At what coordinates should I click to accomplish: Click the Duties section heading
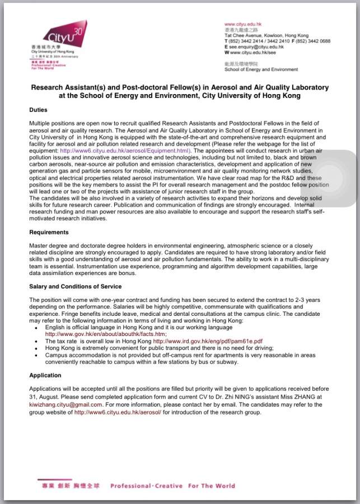(x=38, y=110)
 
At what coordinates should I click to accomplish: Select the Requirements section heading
(x=49, y=231)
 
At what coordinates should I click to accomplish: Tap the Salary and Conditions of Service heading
(x=75, y=286)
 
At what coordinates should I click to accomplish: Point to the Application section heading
(x=45, y=375)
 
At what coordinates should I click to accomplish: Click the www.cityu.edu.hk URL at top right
(x=242, y=24)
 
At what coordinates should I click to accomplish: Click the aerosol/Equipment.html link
(x=125, y=151)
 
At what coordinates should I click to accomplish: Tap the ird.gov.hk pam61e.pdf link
(x=208, y=340)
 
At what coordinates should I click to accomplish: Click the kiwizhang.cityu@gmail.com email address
(x=66, y=404)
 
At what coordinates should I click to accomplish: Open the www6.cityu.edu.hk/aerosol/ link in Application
(x=118, y=412)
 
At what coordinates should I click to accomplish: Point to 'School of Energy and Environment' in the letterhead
(x=261, y=70)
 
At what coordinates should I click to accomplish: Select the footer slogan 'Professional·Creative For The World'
(x=172, y=486)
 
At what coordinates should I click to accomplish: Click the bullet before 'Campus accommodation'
(x=36, y=354)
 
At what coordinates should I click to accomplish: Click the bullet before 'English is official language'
(x=36, y=326)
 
